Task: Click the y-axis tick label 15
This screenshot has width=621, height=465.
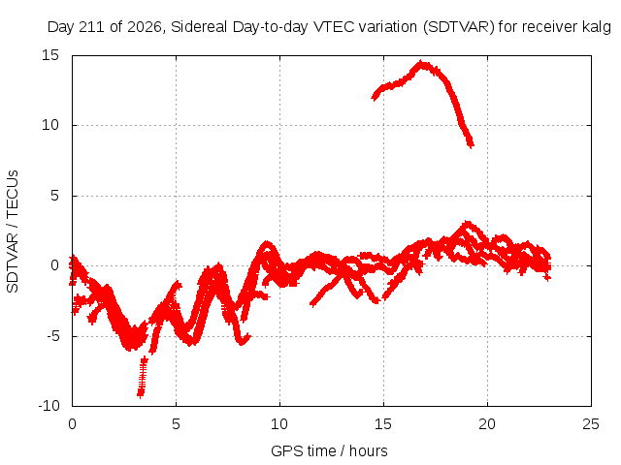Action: [x=50, y=55]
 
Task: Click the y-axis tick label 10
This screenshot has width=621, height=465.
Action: [x=50, y=125]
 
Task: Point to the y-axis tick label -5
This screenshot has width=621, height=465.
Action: [x=52, y=336]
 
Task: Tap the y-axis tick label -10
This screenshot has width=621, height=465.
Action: [x=49, y=406]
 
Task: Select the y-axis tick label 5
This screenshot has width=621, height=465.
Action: [x=54, y=196]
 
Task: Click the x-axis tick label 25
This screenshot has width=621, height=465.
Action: [x=591, y=424]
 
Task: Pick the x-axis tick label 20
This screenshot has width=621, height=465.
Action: [x=487, y=424]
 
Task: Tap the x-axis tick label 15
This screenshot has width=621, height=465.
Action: [x=383, y=424]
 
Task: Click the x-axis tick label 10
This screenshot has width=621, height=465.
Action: [x=279, y=424]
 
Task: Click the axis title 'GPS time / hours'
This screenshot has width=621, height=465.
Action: [x=329, y=450]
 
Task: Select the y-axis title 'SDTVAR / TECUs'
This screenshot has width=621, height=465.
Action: [x=13, y=232]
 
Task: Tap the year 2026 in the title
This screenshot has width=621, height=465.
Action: [x=145, y=27]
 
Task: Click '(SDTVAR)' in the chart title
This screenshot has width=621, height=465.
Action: [x=459, y=27]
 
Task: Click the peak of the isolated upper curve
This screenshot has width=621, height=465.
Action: [x=421, y=63]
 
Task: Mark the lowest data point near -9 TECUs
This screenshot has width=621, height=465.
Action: [x=140, y=394]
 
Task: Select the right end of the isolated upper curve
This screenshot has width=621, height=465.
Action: [x=471, y=145]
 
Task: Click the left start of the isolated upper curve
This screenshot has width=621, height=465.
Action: [x=374, y=97]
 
